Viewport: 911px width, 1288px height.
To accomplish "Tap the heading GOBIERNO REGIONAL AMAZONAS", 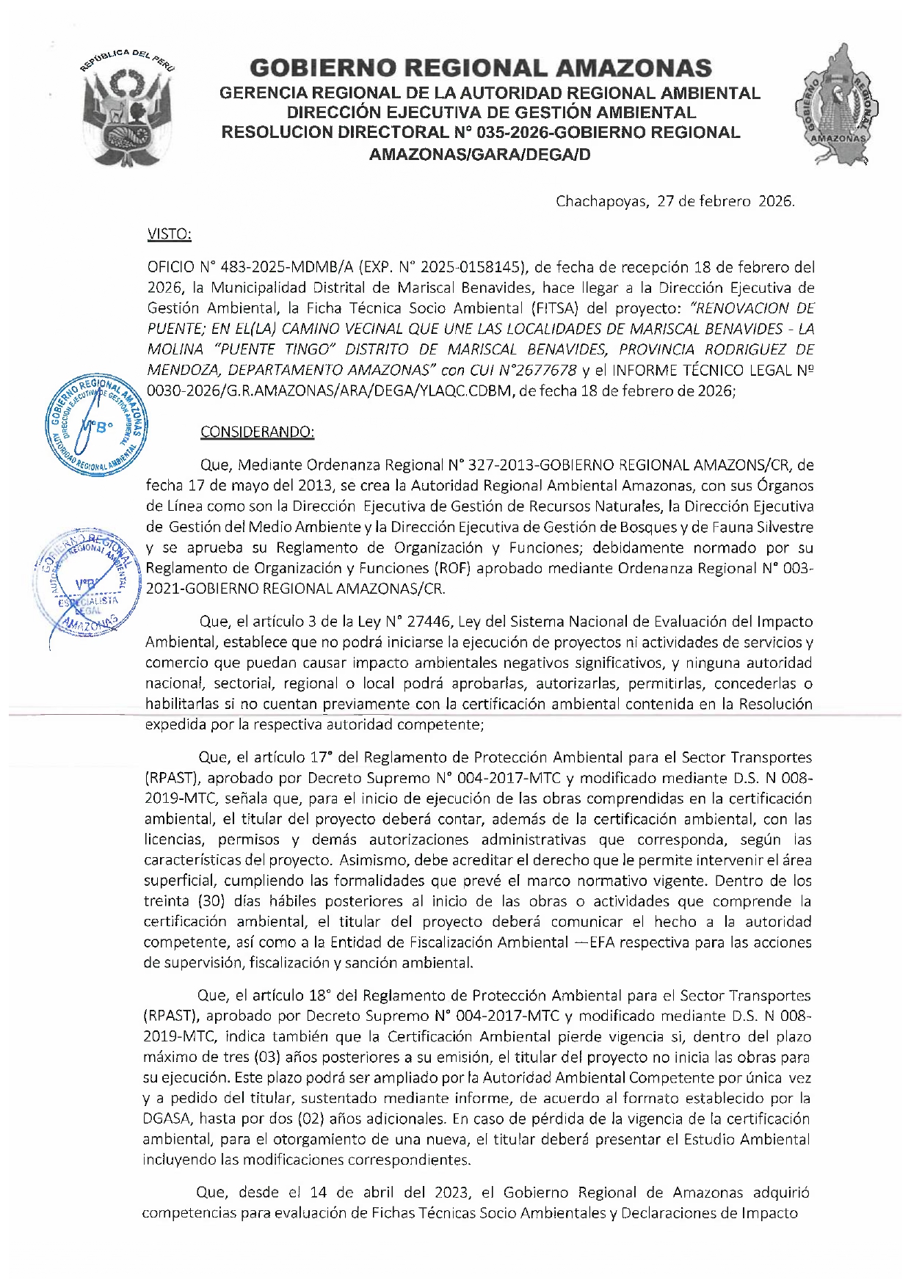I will pos(481,68).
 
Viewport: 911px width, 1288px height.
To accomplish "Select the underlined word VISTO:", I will pos(170,234).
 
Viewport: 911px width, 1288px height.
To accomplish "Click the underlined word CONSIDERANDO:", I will pos(257,432).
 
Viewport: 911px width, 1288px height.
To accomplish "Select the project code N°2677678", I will pos(540,370).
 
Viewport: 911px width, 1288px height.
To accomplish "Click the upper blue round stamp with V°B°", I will pos(96,425).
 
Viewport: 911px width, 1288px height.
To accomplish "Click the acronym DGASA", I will pos(167,1119).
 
